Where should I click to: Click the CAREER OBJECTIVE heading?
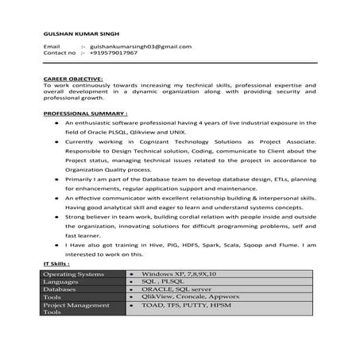coord(72,80)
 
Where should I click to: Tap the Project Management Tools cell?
coord(72,309)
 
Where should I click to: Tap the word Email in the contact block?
coord(52,47)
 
